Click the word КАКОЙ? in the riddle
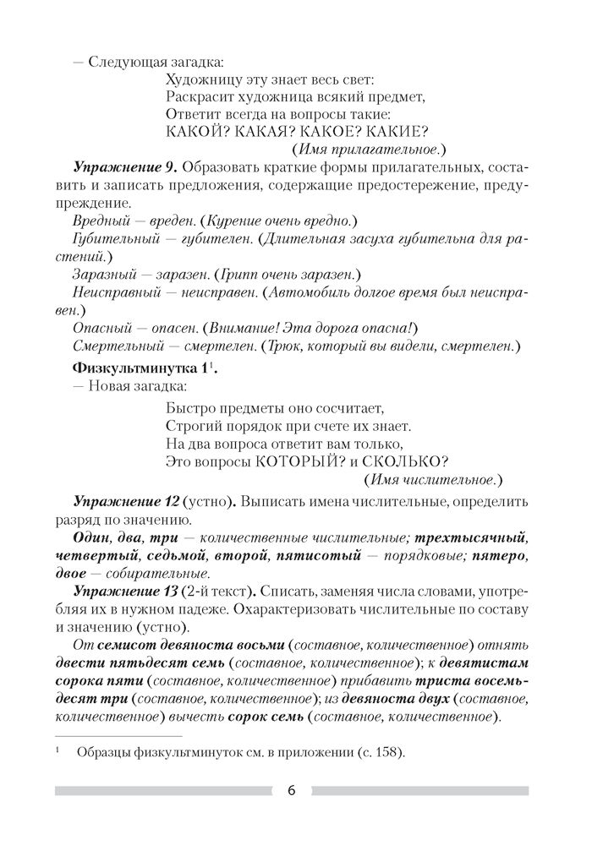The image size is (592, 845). pos(195,131)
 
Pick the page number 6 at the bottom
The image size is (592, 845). pos(291,791)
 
